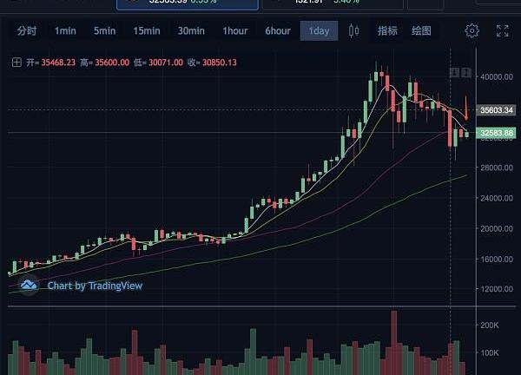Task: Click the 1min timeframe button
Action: click(x=65, y=31)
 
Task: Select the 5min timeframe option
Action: click(x=104, y=31)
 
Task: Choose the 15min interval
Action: click(x=147, y=31)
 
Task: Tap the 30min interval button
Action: click(x=191, y=31)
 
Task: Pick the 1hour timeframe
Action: click(x=235, y=31)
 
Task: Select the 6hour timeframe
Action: click(x=278, y=31)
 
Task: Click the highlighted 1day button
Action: click(x=319, y=31)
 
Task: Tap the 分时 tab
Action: click(x=27, y=31)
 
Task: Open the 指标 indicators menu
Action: click(x=387, y=31)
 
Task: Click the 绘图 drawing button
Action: click(x=421, y=31)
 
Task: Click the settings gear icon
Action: click(x=472, y=31)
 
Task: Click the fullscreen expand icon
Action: click(x=503, y=31)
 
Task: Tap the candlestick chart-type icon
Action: click(x=353, y=31)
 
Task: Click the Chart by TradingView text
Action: click(x=95, y=285)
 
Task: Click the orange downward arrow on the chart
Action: click(x=466, y=109)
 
